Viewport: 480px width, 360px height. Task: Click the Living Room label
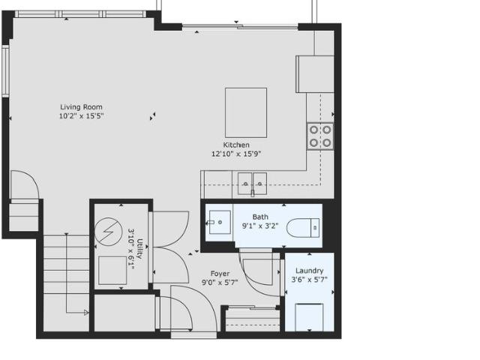click(81, 107)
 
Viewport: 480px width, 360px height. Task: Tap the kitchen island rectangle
click(246, 112)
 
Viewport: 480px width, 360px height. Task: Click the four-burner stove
click(320, 136)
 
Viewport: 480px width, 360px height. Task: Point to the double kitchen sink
click(253, 181)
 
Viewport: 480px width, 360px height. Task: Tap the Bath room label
click(259, 217)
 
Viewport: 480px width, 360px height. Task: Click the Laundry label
click(309, 271)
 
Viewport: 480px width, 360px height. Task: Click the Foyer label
click(220, 274)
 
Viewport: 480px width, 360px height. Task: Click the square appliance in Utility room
click(112, 271)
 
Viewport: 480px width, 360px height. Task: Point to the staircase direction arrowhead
click(86, 312)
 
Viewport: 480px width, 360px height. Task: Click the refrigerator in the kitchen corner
click(315, 73)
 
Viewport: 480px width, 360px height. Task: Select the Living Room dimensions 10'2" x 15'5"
click(81, 116)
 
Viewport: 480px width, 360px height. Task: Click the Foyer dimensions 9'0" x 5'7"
click(220, 283)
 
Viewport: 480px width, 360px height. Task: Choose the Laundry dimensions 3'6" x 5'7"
click(309, 280)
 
